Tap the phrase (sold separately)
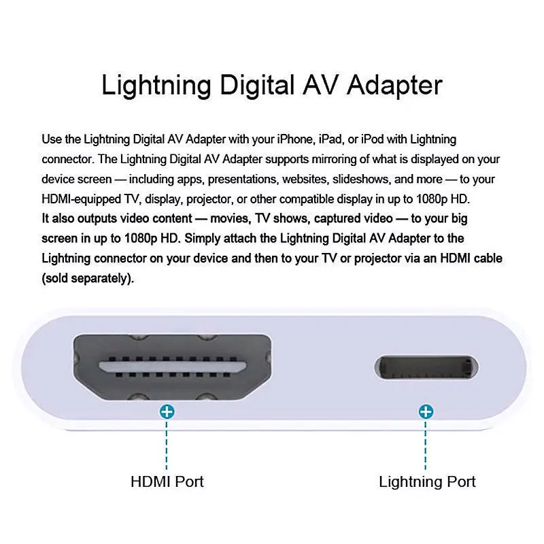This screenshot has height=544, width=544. point(87,279)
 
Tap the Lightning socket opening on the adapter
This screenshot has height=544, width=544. point(426,368)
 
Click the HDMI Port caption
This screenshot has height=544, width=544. point(167,482)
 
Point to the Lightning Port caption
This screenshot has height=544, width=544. point(427,482)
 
